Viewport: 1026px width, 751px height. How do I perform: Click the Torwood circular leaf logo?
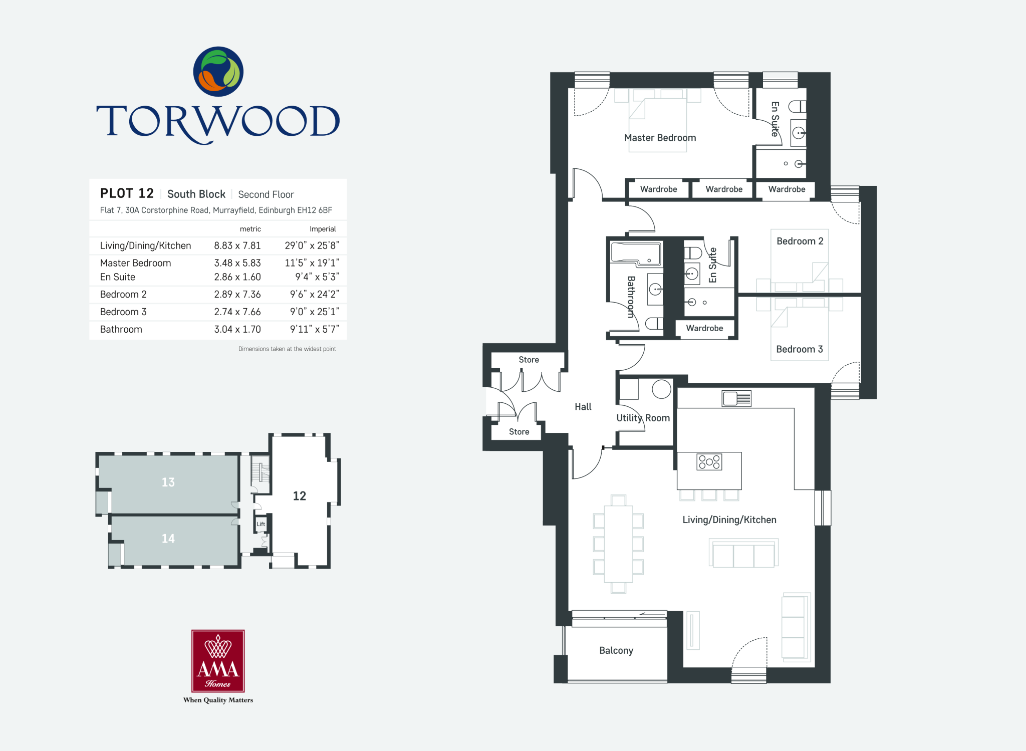[218, 72]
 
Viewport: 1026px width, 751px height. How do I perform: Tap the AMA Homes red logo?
[218, 661]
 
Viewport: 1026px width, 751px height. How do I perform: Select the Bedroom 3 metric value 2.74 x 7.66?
[237, 312]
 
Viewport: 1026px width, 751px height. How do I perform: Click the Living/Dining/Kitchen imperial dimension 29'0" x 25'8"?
[312, 245]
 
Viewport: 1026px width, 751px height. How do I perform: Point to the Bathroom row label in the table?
[121, 329]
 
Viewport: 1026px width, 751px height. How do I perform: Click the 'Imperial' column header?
[323, 229]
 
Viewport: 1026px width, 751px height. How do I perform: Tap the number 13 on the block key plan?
[168, 482]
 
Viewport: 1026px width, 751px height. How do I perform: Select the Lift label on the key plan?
[261, 524]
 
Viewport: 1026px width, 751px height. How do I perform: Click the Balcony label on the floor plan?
[616, 650]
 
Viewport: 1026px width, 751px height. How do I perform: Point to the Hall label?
[583, 407]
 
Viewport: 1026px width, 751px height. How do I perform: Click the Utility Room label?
[643, 418]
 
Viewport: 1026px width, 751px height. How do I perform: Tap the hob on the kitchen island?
[709, 461]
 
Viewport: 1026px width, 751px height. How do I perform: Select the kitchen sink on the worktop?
[736, 398]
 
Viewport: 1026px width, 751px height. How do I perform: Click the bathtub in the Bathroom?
[635, 253]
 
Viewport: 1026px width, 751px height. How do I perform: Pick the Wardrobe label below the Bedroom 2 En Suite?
[704, 328]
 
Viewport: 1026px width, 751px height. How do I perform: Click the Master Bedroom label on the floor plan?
[660, 138]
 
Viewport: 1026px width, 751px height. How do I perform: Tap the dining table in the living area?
[618, 544]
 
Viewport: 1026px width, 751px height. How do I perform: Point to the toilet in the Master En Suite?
[797, 106]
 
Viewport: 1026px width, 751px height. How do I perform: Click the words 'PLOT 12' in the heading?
[127, 193]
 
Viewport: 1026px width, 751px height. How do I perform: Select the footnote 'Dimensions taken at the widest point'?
[287, 349]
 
